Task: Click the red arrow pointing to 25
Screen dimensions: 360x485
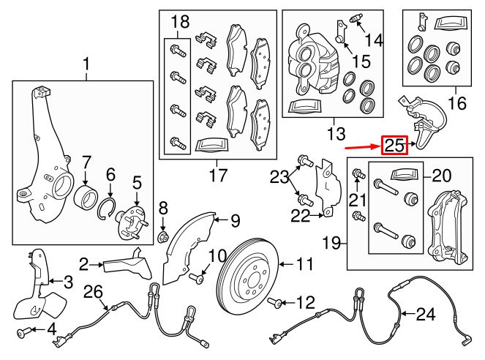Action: (x=363, y=145)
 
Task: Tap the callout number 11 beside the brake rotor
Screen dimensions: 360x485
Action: (x=304, y=262)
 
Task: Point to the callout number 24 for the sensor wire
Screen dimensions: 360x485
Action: (x=425, y=315)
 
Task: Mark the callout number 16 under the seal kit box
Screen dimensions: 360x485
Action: (x=456, y=104)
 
